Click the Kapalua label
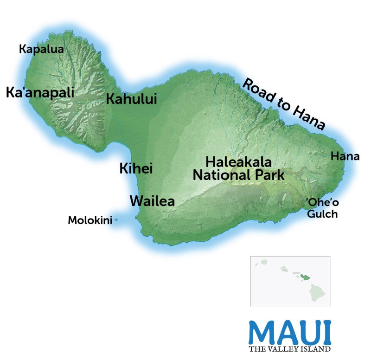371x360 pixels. tap(41, 49)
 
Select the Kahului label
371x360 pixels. tap(131, 99)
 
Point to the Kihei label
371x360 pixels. tap(136, 168)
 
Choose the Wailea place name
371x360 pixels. tap(152, 201)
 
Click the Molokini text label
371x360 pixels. tap(90, 220)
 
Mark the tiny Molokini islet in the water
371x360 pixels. tap(115, 220)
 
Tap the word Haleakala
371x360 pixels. tap(238, 162)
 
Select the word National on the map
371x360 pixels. tap(219, 175)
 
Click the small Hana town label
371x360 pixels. tap(345, 157)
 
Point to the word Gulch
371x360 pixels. tap(321, 214)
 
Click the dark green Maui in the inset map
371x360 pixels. tap(305, 276)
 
